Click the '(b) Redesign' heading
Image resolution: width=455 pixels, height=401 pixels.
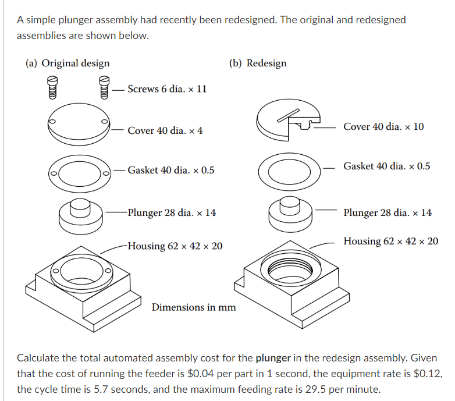pyautogui.click(x=258, y=63)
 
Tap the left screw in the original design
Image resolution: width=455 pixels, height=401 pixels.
pyautogui.click(x=52, y=87)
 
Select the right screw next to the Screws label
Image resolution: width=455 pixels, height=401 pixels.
pyautogui.click(x=104, y=87)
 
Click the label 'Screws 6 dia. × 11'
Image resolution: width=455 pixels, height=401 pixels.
pyautogui.click(x=166, y=89)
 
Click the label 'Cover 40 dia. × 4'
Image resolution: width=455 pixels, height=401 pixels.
pyautogui.click(x=165, y=130)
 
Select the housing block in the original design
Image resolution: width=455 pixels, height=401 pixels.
pyautogui.click(x=83, y=285)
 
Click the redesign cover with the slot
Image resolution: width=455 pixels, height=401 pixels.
pyautogui.click(x=289, y=123)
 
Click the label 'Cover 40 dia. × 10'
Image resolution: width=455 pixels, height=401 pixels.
pyautogui.click(x=383, y=126)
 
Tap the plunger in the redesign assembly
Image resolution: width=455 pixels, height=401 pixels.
pyautogui.click(x=290, y=213)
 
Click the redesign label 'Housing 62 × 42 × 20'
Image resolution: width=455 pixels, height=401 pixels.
pyautogui.click(x=390, y=241)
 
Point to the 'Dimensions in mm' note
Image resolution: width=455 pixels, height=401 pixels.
pyautogui.click(x=194, y=307)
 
